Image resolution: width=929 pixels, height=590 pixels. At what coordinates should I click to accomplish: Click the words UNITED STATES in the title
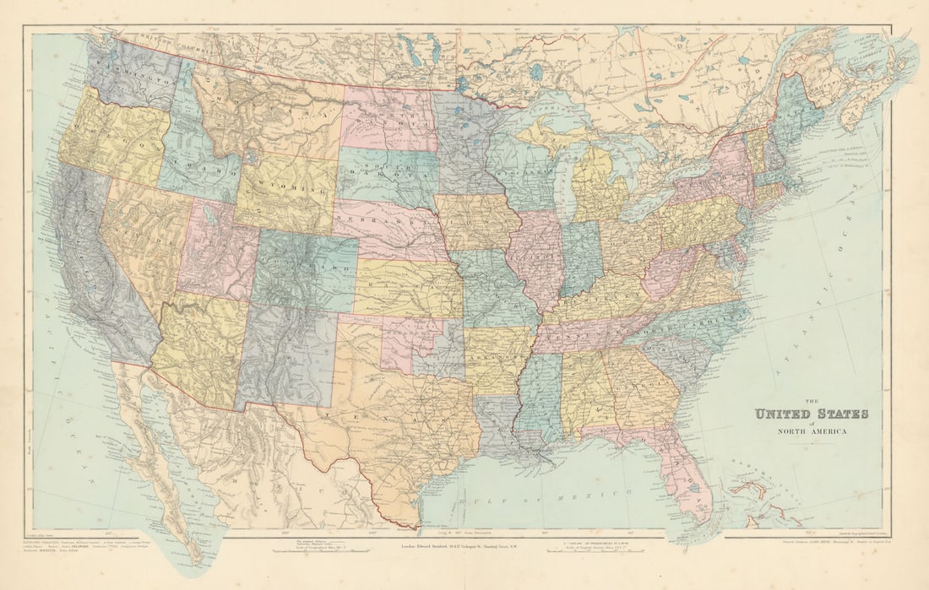[811, 414]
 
